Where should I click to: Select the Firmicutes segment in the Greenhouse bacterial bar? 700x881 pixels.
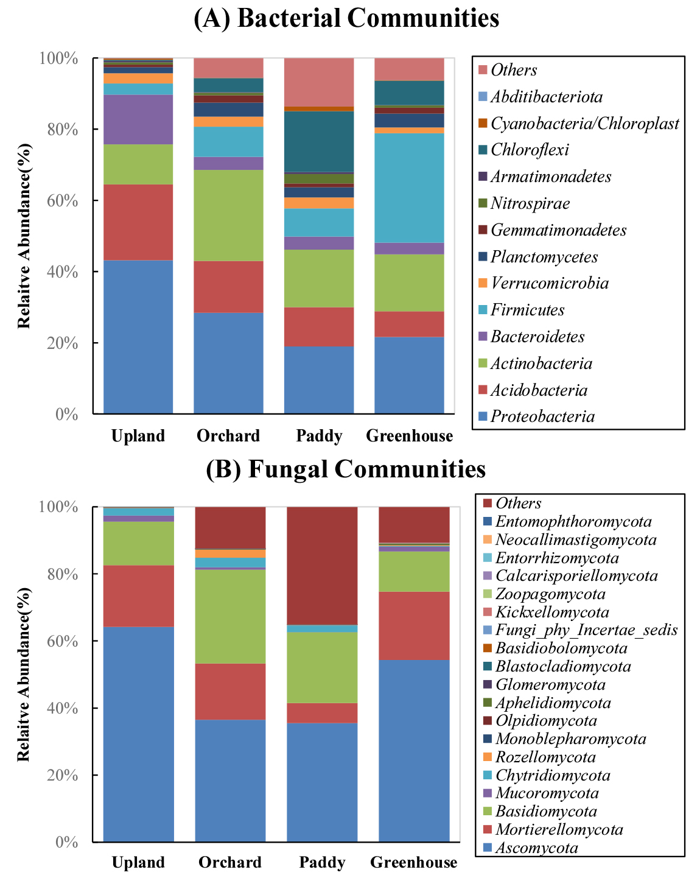409,188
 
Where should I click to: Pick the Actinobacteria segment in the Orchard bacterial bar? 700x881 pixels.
228,215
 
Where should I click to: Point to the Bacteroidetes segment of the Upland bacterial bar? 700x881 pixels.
138,119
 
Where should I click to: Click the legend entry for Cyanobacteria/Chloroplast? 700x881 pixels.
584,124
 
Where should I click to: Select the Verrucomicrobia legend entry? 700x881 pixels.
549,283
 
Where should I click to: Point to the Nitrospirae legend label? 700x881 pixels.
530,203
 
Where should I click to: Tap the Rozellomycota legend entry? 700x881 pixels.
545,757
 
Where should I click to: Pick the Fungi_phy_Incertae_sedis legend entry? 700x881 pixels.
586,630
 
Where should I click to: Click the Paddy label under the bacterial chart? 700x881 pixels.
319,436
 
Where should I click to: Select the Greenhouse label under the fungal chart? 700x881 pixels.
414,862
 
